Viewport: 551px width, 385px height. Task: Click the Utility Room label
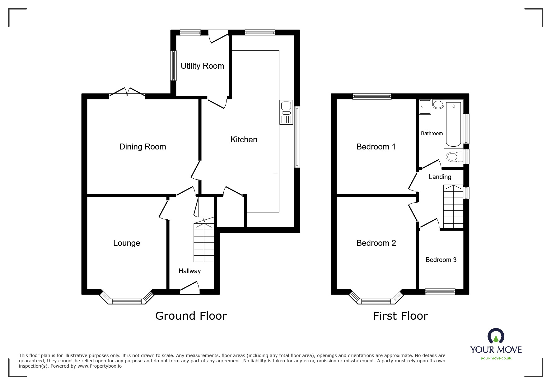pos(202,66)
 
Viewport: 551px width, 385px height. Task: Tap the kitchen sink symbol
pos(286,112)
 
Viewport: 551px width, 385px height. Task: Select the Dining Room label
pos(142,147)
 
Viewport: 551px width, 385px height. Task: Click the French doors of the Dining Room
pos(127,92)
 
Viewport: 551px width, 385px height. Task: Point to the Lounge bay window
pos(127,300)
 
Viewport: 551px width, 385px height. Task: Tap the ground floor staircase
pos(204,242)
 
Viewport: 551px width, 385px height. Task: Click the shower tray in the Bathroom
pos(425,107)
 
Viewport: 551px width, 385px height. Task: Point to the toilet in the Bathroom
pos(454,157)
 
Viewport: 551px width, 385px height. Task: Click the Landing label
pos(440,177)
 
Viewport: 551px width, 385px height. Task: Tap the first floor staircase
pos(453,207)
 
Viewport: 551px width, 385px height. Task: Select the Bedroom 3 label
pos(441,260)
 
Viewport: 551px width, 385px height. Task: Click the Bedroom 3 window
pos(440,291)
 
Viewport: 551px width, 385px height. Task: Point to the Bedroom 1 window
pos(372,97)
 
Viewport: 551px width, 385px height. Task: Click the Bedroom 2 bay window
pos(376,300)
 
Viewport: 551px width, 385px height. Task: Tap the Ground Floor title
pos(191,316)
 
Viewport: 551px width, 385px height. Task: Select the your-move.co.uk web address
pos(496,358)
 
